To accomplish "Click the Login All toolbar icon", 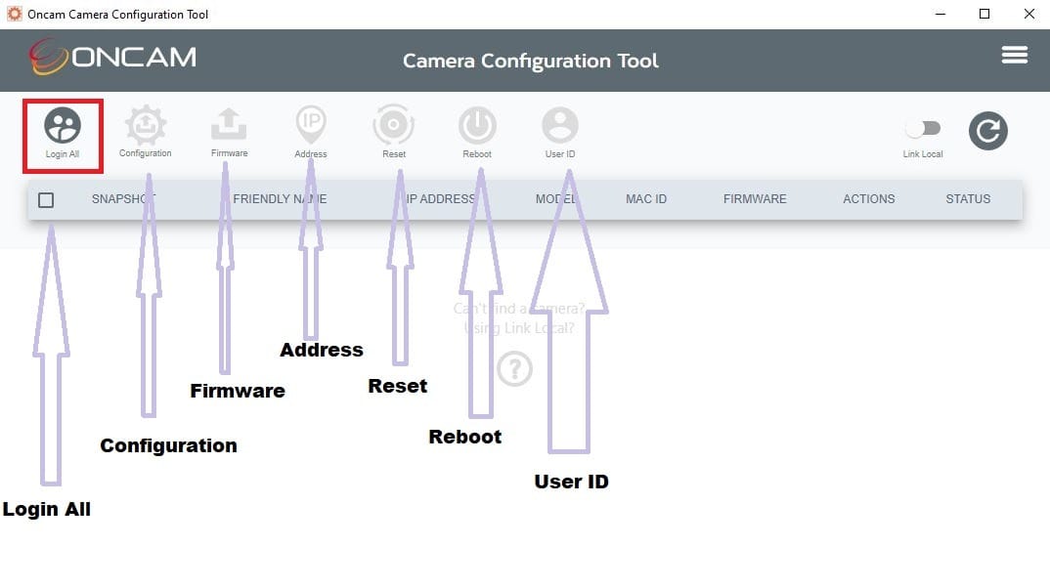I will click(x=63, y=126).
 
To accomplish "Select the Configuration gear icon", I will click(x=146, y=126).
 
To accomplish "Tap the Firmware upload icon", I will click(x=229, y=125).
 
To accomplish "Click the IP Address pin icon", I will click(x=311, y=124).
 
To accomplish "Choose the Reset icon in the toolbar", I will click(x=394, y=125).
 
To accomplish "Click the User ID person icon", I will click(x=560, y=125).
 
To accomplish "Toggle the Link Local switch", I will click(x=923, y=129).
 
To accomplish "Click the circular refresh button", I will click(x=987, y=131).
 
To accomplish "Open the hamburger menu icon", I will click(x=1015, y=55).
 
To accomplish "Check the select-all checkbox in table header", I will click(x=46, y=199).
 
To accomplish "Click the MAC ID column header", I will click(x=646, y=199).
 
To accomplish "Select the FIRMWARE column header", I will click(x=755, y=199).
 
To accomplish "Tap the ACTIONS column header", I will click(x=869, y=199).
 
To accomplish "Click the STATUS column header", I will click(x=968, y=199).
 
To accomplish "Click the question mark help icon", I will click(x=515, y=369).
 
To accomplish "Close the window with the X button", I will click(x=1028, y=14).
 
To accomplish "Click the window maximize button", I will click(x=984, y=14).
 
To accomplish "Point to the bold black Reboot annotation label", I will click(x=465, y=437).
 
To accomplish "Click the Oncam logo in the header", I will click(x=112, y=58).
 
